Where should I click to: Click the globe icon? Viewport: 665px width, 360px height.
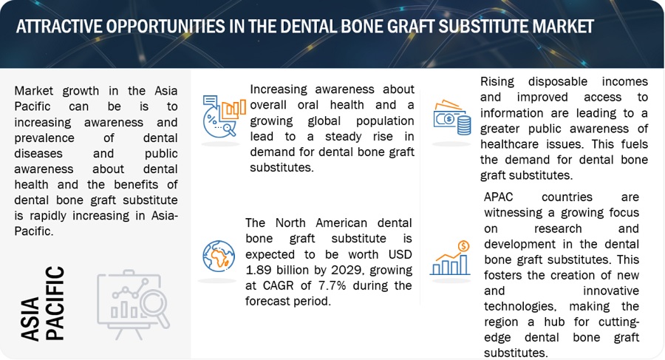click(x=219, y=256)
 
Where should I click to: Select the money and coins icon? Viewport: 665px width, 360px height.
click(x=452, y=118)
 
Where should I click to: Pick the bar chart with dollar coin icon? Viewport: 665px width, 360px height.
click(x=451, y=258)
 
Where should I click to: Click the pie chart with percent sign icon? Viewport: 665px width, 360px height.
click(x=224, y=116)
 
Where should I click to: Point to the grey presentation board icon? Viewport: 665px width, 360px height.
click(x=133, y=304)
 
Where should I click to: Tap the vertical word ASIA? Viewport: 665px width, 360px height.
click(x=30, y=319)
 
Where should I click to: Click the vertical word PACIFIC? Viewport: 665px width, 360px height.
click(x=55, y=303)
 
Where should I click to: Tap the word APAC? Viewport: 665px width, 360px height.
click(x=499, y=197)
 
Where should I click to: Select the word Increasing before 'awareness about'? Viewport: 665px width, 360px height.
click(x=279, y=89)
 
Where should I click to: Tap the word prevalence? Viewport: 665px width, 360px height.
click(x=44, y=138)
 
